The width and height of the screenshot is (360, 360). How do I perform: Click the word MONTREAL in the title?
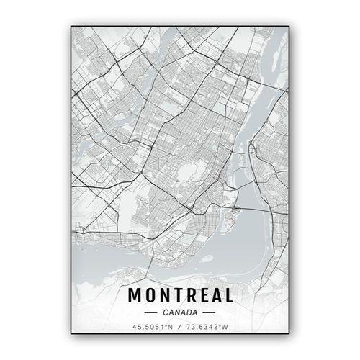click(180, 295)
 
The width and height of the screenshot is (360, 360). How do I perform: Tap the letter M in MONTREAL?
click(135, 295)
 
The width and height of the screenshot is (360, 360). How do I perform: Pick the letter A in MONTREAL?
click(215, 295)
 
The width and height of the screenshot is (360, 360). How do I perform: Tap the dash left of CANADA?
click(150, 312)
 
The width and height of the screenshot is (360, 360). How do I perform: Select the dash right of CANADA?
click(210, 312)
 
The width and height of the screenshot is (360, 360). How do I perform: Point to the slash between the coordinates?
click(180, 328)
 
